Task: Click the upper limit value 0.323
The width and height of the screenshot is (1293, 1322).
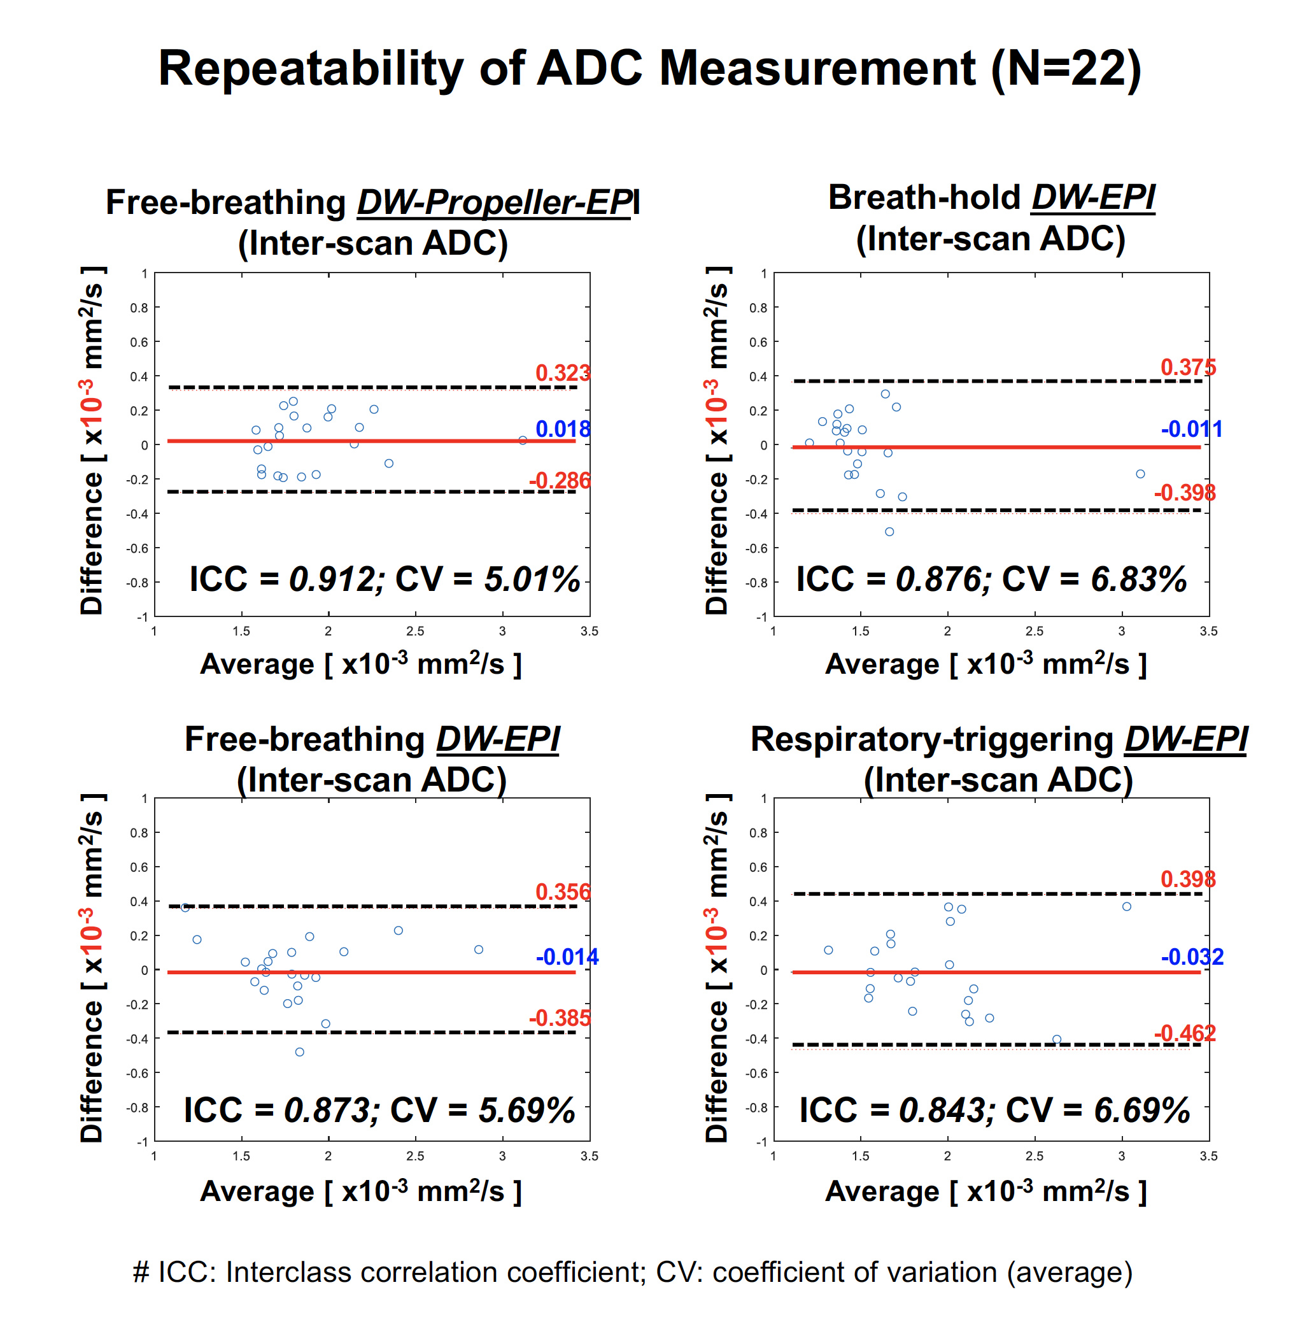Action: click(x=562, y=373)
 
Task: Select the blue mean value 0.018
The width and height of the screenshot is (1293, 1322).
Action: click(x=562, y=429)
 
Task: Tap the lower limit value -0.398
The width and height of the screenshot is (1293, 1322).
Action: click(x=1184, y=492)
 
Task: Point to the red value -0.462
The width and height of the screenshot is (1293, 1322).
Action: click(x=1184, y=1034)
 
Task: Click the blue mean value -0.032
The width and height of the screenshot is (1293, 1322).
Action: click(x=1192, y=957)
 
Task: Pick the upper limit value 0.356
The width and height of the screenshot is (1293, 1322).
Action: click(x=562, y=892)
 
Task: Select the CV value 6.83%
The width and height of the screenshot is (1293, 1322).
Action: click(x=1139, y=579)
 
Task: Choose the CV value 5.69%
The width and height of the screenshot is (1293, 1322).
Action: click(x=527, y=1110)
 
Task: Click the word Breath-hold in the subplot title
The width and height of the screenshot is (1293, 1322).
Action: click(x=924, y=197)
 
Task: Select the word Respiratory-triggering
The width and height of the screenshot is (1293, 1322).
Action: click(x=932, y=739)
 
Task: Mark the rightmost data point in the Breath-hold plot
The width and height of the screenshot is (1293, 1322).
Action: click(x=1140, y=474)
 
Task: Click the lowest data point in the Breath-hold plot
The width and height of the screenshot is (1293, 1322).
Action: click(x=889, y=532)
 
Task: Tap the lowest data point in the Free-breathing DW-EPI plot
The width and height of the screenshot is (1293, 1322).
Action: click(x=299, y=1052)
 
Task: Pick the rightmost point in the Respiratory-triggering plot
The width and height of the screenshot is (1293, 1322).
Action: click(x=1127, y=907)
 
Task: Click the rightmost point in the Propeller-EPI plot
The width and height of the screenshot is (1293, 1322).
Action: click(x=523, y=441)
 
